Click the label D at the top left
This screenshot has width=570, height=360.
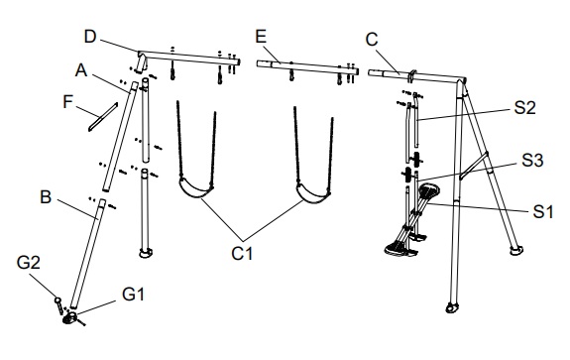[x=90, y=37]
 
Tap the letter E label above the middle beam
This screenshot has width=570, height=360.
[x=261, y=37]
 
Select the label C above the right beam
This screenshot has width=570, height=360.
[x=372, y=40]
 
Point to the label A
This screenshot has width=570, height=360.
[x=81, y=69]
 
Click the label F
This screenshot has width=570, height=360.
[x=68, y=102]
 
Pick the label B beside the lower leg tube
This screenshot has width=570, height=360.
[x=46, y=197]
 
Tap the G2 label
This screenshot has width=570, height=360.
[x=29, y=263]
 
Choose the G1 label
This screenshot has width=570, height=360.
[x=134, y=294]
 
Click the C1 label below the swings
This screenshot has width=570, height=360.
[x=242, y=254]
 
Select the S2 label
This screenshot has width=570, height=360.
[x=524, y=108]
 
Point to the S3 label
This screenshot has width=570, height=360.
[x=532, y=161]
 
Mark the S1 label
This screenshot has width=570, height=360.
[x=543, y=212]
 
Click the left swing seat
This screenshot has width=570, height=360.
[x=195, y=188]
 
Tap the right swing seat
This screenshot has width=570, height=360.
[x=313, y=193]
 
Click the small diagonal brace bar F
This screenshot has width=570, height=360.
[x=103, y=117]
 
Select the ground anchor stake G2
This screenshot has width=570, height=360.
[x=58, y=305]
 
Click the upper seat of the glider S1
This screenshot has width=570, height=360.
[x=429, y=190]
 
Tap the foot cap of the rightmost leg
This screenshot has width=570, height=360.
[x=516, y=251]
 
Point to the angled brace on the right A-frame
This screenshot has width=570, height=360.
[x=474, y=166]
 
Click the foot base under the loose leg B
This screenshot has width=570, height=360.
[x=71, y=318]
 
